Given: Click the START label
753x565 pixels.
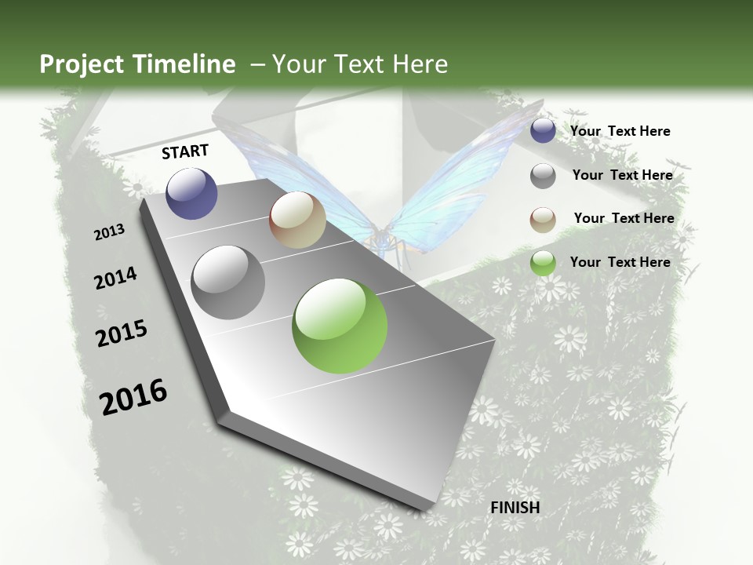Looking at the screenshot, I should pyautogui.click(x=185, y=151).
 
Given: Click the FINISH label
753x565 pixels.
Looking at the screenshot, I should pyautogui.click(x=515, y=508).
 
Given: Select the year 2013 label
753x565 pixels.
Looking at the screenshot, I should pyautogui.click(x=109, y=232).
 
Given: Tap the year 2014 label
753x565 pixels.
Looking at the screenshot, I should pyautogui.click(x=115, y=279).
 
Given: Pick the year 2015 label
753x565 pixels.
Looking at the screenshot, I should pyautogui.click(x=122, y=334).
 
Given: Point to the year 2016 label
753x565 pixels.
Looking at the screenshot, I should pyautogui.click(x=133, y=397).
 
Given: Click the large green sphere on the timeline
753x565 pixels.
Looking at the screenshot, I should pyautogui.click(x=340, y=326).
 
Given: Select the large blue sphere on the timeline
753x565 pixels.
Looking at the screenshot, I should pyautogui.click(x=191, y=193).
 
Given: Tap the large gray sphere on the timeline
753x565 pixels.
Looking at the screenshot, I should pyautogui.click(x=228, y=282).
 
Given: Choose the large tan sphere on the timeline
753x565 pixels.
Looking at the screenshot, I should pyautogui.click(x=297, y=220).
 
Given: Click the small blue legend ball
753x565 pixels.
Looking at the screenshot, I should pyautogui.click(x=543, y=131).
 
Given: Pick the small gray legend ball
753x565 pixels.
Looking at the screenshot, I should pyautogui.click(x=543, y=176).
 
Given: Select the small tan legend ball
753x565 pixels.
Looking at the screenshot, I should pyautogui.click(x=543, y=220).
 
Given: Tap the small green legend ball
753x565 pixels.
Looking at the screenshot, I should pyautogui.click(x=543, y=263).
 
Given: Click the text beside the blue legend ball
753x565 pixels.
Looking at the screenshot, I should pyautogui.click(x=620, y=131).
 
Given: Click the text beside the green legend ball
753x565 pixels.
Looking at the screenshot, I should pyautogui.click(x=620, y=262).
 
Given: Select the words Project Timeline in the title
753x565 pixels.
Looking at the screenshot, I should pyautogui.click(x=137, y=64).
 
